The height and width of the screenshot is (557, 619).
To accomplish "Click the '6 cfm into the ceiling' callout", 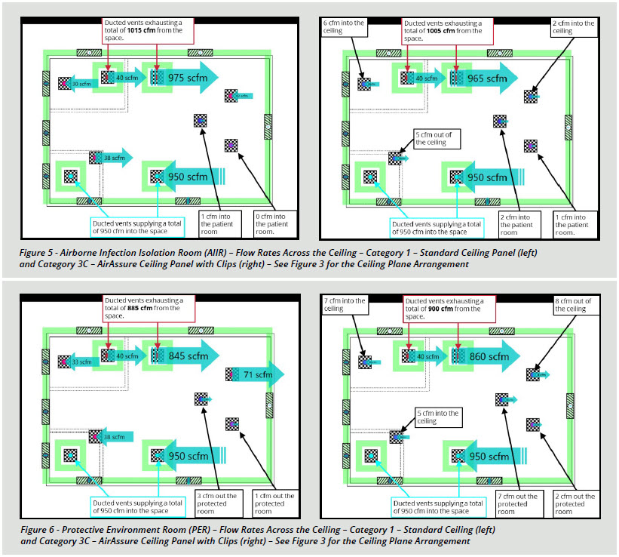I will pyautogui.click(x=345, y=28).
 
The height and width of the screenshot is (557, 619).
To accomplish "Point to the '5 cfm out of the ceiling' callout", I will pyautogui.click(x=436, y=138).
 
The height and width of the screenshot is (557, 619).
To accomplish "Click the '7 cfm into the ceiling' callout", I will pyautogui.click(x=345, y=307).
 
